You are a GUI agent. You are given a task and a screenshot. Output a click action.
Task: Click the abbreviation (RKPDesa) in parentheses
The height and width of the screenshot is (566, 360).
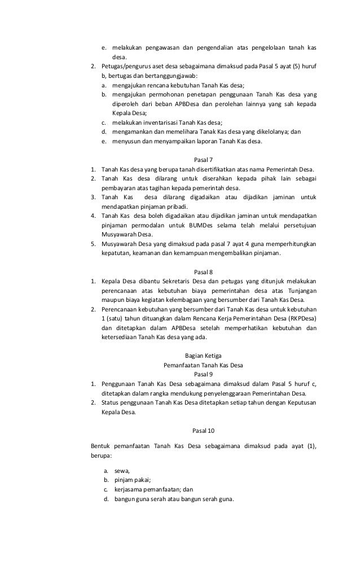pos(298,318)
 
